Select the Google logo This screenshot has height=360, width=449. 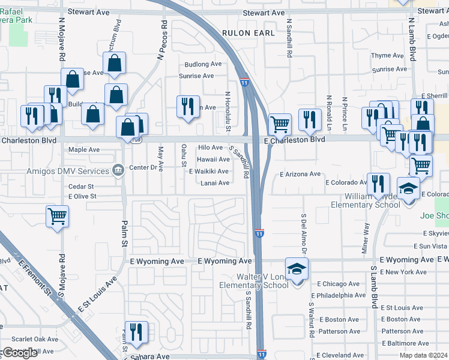pyautogui.click(x=19, y=353)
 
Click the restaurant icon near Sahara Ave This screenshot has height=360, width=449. pyautogui.click(x=136, y=332)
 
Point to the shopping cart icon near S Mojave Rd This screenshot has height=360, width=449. pyautogui.click(x=57, y=216)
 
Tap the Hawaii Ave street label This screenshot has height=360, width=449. pyautogui.click(x=214, y=160)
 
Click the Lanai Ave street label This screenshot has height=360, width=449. pyautogui.click(x=215, y=183)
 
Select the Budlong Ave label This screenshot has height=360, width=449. pyautogui.click(x=203, y=64)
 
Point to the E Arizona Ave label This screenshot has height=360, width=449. pyautogui.click(x=300, y=174)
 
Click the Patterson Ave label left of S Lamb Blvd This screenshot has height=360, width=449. pyautogui.click(x=339, y=331)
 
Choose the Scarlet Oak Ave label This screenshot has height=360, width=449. pyautogui.click(x=29, y=339)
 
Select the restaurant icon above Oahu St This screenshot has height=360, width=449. pyautogui.click(x=188, y=106)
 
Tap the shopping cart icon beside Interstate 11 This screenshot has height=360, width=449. pyautogui.click(x=280, y=124)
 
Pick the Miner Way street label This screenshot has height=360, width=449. pyautogui.click(x=366, y=238)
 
